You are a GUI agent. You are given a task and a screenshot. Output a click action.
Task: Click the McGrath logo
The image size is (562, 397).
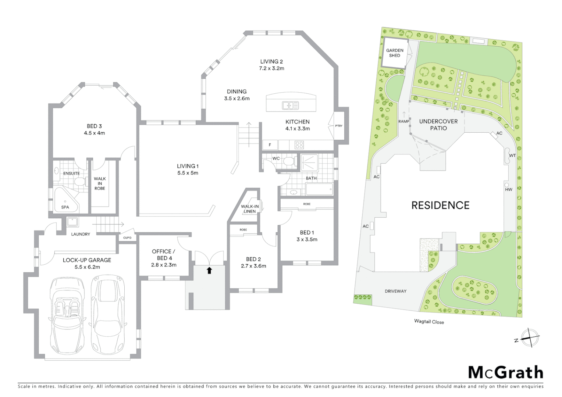505,372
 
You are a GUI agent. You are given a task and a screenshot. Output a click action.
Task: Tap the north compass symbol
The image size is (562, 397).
530,337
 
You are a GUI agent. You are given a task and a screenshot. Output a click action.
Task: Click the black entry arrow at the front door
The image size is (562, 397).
209,271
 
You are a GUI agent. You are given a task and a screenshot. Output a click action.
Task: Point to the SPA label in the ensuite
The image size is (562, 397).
65,207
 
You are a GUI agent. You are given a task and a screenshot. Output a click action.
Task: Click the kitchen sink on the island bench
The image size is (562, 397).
290,105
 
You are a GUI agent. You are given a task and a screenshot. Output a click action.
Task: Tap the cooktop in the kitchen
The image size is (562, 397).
299,145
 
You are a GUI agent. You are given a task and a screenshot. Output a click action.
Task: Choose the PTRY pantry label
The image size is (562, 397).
339,126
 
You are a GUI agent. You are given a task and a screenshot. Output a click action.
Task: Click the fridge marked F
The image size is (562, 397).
270,145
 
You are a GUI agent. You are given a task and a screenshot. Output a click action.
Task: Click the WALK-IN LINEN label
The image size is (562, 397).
250,209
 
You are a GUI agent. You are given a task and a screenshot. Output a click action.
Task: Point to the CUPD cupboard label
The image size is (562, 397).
127,238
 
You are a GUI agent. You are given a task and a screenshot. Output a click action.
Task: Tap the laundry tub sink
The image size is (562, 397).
72,222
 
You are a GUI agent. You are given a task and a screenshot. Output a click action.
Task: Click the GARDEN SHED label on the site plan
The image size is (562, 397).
394,53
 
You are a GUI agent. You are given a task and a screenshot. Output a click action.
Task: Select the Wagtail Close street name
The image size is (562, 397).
429,322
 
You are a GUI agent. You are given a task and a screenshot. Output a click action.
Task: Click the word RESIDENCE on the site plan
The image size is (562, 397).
440,205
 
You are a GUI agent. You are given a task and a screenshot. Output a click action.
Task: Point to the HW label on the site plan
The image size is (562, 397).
509,189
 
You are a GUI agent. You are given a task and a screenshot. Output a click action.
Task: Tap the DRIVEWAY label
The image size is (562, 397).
395,291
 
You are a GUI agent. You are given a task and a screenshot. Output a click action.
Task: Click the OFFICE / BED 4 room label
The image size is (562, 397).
164,258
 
